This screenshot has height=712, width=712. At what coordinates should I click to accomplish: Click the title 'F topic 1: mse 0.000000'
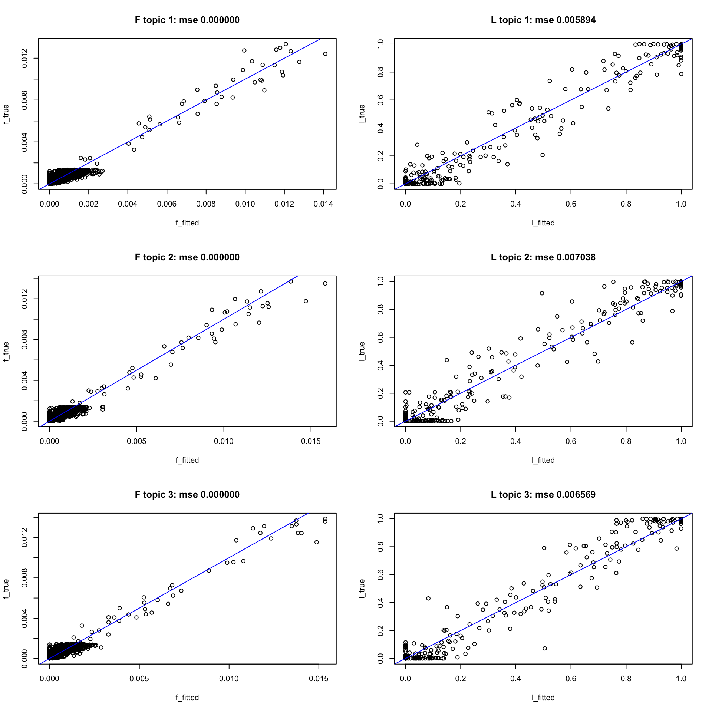click(x=187, y=20)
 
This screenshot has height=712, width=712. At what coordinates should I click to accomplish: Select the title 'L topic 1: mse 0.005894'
click(x=543, y=20)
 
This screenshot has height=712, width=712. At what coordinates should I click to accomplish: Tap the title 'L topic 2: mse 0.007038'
click(x=543, y=257)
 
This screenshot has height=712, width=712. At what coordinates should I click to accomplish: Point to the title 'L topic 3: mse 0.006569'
click(x=543, y=495)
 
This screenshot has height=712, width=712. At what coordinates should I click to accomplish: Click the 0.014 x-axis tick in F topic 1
click(x=323, y=204)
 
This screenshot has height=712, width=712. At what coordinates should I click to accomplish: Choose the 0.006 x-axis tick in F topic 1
click(x=167, y=204)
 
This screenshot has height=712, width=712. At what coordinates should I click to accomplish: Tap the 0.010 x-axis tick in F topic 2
click(x=224, y=441)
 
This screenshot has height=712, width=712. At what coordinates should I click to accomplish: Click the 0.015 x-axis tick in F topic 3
click(x=319, y=679)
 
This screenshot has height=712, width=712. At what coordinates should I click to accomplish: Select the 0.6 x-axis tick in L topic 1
click(x=571, y=204)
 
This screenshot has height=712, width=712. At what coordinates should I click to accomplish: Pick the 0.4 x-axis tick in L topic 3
click(x=515, y=679)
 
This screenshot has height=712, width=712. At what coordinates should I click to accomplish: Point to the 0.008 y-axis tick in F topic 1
click(x=24, y=100)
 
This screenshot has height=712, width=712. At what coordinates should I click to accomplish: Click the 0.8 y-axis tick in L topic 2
click(x=380, y=309)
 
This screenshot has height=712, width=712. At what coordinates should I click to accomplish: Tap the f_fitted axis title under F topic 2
click(x=187, y=460)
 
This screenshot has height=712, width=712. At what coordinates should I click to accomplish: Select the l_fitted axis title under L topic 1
click(x=543, y=223)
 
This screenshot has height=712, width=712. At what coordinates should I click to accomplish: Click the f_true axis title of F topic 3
click(x=6, y=589)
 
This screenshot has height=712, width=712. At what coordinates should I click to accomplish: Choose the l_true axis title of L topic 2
click(x=362, y=351)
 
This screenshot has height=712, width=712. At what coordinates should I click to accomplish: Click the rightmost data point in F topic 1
click(x=325, y=54)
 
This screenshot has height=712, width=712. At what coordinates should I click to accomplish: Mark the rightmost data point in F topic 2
click(x=325, y=284)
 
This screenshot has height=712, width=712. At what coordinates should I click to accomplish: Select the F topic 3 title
click(x=187, y=495)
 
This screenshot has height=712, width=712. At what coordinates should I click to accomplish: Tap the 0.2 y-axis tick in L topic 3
click(x=380, y=630)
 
